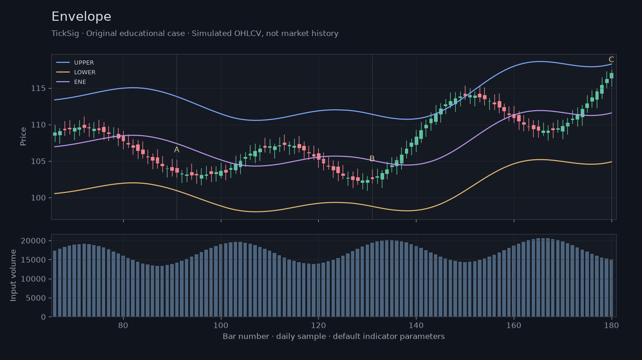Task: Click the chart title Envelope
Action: pyautogui.click(x=81, y=17)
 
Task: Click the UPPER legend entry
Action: pyautogui.click(x=76, y=62)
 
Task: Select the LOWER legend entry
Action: pyautogui.click(x=76, y=72)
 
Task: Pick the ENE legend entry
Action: pyautogui.click(x=71, y=82)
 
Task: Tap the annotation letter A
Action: pyautogui.click(x=177, y=150)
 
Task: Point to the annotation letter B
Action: pyautogui.click(x=372, y=159)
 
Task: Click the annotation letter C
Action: pyautogui.click(x=612, y=60)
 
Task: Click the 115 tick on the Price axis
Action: pyautogui.click(x=38, y=88)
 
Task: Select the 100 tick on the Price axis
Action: pyautogui.click(x=38, y=198)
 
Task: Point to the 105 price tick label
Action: pyautogui.click(x=38, y=162)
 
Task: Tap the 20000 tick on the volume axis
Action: pyautogui.click(x=33, y=240)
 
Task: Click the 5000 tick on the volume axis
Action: pyautogui.click(x=36, y=298)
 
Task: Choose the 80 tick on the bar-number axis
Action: pyautogui.click(x=123, y=325)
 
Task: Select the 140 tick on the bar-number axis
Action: pyautogui.click(x=416, y=325)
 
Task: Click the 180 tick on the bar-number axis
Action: pyautogui.click(x=612, y=325)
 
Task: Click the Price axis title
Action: pyautogui.click(x=23, y=137)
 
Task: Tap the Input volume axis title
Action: pyautogui.click(x=13, y=276)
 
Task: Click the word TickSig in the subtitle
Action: pyautogui.click(x=65, y=34)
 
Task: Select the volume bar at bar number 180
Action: pyautogui.click(x=612, y=288)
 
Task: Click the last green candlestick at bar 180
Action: pyautogui.click(x=612, y=76)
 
